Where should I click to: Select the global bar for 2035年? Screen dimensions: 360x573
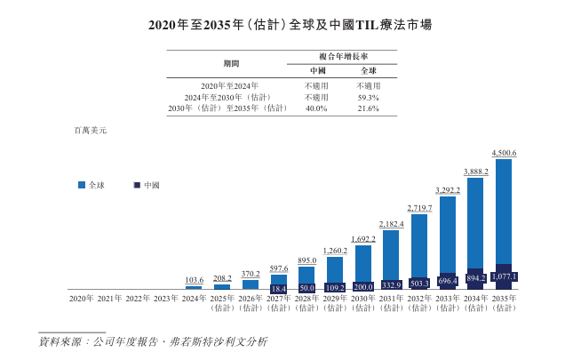(504, 213)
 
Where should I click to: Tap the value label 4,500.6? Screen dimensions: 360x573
(504, 153)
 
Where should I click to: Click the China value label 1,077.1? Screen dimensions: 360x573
(504, 277)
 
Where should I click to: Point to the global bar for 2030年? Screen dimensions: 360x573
(363, 262)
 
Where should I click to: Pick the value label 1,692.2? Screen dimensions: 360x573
(363, 239)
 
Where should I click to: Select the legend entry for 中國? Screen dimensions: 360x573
(147, 185)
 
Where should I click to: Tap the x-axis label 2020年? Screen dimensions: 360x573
(81, 299)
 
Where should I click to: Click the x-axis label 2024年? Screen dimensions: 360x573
(194, 299)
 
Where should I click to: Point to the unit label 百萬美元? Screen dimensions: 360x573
(90, 130)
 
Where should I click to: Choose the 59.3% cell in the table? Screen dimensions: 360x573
(368, 97)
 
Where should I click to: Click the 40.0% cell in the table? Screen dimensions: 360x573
(317, 108)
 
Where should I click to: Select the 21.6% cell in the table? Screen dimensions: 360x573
(368, 108)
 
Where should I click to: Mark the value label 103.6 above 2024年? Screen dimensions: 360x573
(194, 280)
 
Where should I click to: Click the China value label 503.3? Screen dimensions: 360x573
(419, 284)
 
